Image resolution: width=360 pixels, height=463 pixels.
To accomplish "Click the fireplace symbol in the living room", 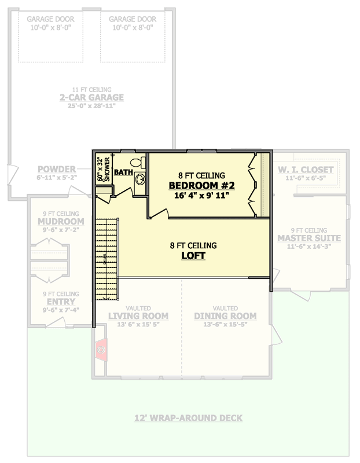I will click(x=101, y=350).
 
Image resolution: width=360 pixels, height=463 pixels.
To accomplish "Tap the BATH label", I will click(x=123, y=172).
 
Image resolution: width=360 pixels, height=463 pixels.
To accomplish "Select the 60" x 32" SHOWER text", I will click(x=103, y=168).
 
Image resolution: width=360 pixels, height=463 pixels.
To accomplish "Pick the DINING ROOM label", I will click(x=225, y=316).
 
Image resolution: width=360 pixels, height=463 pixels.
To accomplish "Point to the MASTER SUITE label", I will click(x=308, y=238).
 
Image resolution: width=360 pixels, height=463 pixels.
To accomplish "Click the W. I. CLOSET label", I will click(x=306, y=170).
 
